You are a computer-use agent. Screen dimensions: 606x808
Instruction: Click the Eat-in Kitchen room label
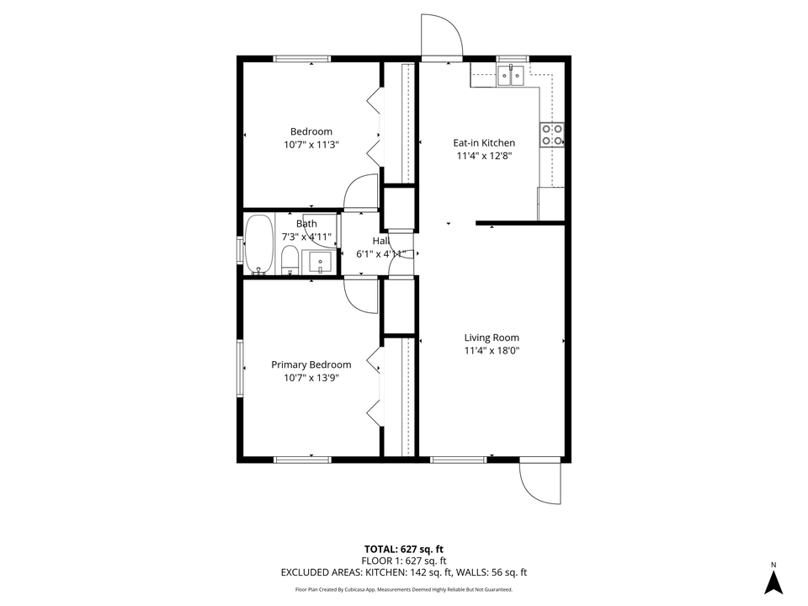[x=484, y=143]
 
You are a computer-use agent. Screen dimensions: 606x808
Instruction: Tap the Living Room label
[x=492, y=338]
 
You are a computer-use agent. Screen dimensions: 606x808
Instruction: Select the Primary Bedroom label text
[x=311, y=364]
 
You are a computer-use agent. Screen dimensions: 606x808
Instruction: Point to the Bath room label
[x=306, y=224]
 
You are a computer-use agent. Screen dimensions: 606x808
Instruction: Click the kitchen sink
[x=510, y=76]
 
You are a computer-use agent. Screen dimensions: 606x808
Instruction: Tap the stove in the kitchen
[x=552, y=135]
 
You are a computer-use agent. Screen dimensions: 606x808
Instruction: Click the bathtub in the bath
[x=259, y=245]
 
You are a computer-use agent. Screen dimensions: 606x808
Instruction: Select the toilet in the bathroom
[x=289, y=261]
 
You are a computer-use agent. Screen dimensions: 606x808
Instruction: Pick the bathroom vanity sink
[x=320, y=262]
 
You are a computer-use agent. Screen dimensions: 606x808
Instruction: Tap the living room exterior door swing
[x=539, y=482]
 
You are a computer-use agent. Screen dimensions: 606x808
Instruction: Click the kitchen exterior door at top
[x=442, y=38]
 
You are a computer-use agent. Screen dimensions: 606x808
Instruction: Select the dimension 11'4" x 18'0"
[x=492, y=351]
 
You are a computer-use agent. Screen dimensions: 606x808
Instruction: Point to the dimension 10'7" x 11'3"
[x=311, y=145]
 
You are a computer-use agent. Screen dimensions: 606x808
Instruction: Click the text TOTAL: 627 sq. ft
[x=403, y=549]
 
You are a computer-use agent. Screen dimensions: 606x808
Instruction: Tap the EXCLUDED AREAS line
[x=403, y=572]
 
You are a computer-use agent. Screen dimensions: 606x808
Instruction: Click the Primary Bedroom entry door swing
[x=362, y=295]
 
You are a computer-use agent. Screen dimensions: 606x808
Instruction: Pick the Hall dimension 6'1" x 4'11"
[x=369, y=253]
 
